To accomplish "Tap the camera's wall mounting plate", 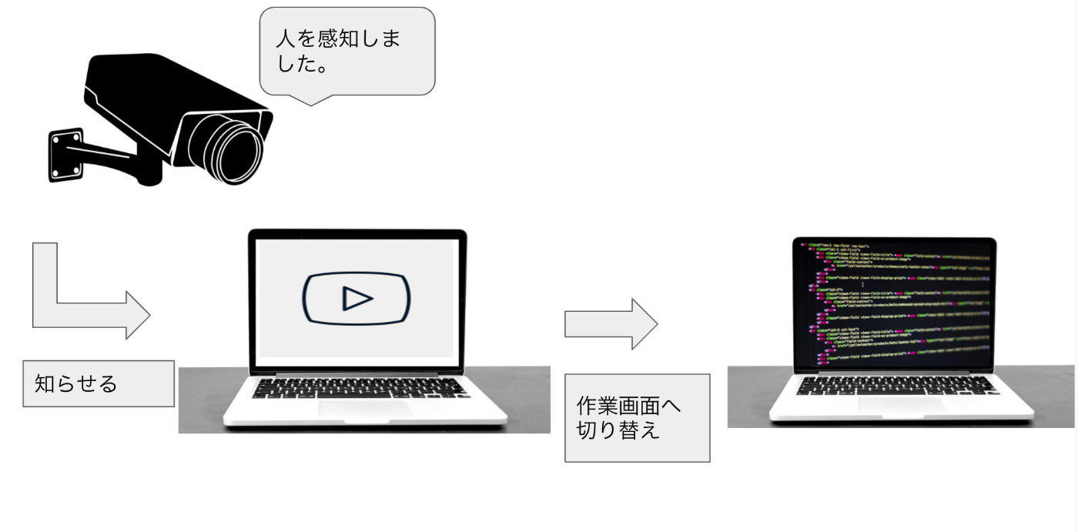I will [66, 154].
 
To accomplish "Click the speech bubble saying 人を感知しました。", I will [347, 51].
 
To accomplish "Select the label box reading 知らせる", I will [97, 383].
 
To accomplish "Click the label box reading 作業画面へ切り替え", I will [637, 417].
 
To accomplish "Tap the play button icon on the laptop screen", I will [356, 297].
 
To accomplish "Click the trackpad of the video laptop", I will [365, 409].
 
